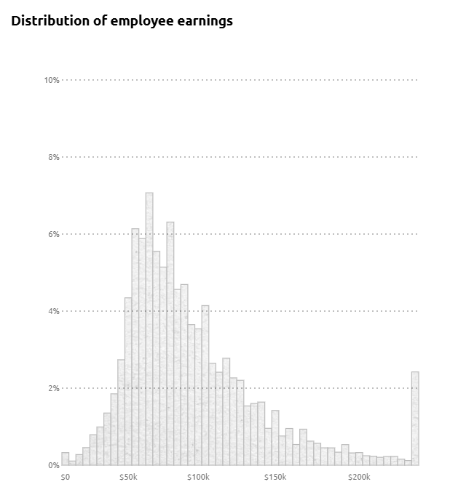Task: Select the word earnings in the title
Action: [204, 20]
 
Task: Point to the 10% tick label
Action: [51, 80]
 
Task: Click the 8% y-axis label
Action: [53, 157]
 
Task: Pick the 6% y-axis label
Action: [53, 234]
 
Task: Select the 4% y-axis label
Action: [53, 311]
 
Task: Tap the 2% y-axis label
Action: [53, 388]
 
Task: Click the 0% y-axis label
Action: [53, 465]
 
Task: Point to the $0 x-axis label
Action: [65, 478]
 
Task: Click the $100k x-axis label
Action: [198, 478]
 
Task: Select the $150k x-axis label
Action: [275, 478]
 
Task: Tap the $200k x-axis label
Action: [359, 478]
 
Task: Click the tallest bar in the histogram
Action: [149, 327]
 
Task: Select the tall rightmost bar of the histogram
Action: [415, 419]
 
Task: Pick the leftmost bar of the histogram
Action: [66, 459]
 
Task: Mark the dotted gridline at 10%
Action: [240, 80]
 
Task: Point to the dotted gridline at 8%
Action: [240, 157]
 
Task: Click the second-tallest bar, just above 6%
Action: [170, 342]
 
